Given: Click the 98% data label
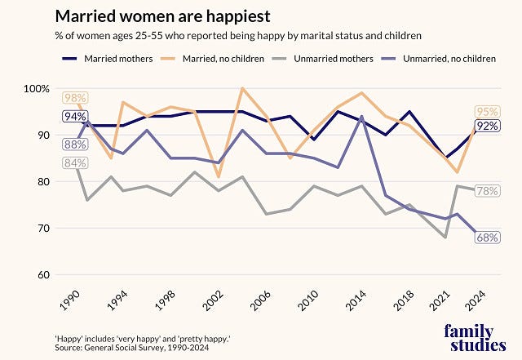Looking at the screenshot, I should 74,99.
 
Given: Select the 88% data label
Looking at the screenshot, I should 74,144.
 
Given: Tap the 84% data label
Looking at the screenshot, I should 74,163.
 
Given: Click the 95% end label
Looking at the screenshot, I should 488,113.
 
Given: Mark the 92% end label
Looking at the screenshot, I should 488,126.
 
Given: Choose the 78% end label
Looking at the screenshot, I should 488,191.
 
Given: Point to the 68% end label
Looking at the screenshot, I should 488,238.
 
